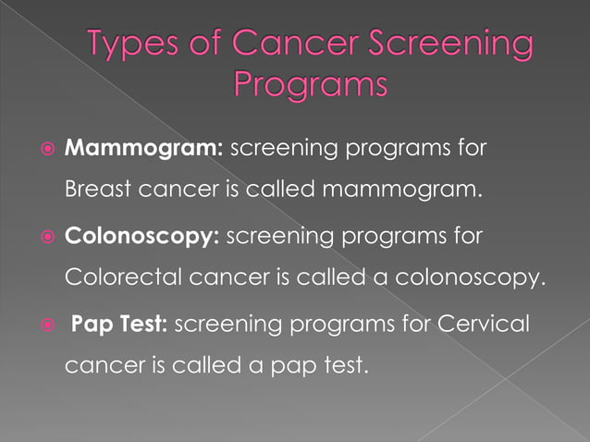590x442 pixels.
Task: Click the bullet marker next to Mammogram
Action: [x=48, y=149]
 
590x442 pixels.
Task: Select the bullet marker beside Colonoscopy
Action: [x=48, y=235]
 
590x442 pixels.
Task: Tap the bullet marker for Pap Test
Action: [x=48, y=322]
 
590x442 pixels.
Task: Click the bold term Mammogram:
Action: [x=138, y=148]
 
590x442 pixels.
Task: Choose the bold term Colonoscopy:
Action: [x=141, y=235]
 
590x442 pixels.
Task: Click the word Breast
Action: [x=97, y=191]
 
